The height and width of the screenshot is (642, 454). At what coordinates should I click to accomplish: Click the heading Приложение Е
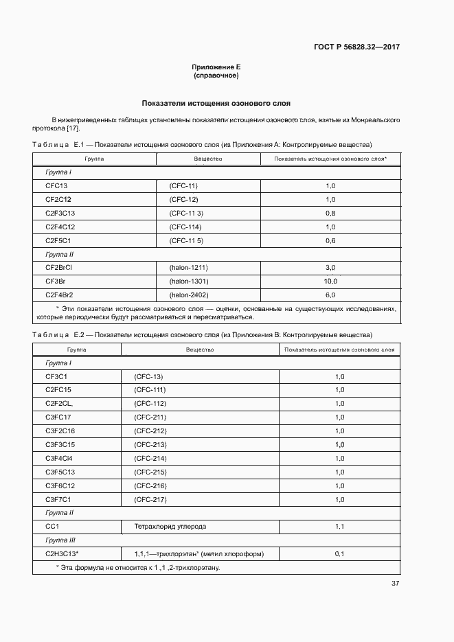tap(216, 67)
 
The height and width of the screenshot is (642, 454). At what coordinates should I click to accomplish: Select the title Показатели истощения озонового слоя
tap(216, 103)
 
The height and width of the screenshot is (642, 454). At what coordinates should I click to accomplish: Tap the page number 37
tap(395, 584)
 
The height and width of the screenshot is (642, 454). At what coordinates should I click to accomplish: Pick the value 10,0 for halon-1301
tap(330, 282)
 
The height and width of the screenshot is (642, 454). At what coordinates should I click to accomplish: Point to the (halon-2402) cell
tap(189, 295)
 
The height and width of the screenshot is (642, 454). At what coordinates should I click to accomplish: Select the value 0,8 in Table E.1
tap(330, 213)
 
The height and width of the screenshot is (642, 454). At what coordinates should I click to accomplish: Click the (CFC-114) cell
tap(184, 227)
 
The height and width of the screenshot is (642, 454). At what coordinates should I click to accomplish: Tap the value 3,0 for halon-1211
tap(330, 267)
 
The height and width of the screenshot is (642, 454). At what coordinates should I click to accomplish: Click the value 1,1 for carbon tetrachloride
tap(339, 527)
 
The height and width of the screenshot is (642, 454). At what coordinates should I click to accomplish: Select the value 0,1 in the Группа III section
tap(339, 553)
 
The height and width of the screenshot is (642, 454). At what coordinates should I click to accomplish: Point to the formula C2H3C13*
tap(62, 553)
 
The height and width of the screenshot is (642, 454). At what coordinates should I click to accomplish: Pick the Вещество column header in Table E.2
tap(200, 349)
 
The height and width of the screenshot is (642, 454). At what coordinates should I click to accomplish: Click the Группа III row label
tap(60, 540)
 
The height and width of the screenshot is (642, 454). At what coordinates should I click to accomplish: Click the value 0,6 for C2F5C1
tap(330, 240)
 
